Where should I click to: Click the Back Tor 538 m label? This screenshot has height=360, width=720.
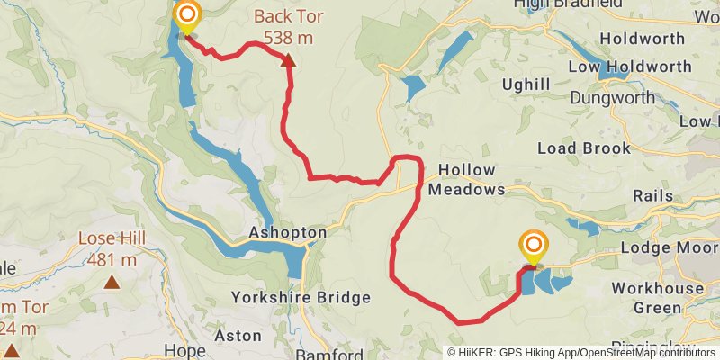[x=288, y=27]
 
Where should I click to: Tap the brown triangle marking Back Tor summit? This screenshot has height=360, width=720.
[x=288, y=60]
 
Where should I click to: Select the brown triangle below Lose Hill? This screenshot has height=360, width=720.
[x=112, y=282]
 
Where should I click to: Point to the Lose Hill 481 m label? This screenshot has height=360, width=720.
[x=112, y=249]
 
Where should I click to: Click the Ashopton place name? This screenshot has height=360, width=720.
[x=287, y=232]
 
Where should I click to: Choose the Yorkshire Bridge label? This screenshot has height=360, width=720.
[x=301, y=297]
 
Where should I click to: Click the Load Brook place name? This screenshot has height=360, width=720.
[x=583, y=148]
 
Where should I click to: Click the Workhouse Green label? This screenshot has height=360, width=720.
[x=657, y=298]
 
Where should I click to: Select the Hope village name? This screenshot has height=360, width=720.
[x=184, y=350]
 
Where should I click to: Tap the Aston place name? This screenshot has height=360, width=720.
[x=238, y=335]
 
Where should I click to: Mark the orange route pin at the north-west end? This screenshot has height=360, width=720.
[x=187, y=15]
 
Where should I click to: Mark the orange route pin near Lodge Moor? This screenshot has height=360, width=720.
[x=534, y=245]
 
